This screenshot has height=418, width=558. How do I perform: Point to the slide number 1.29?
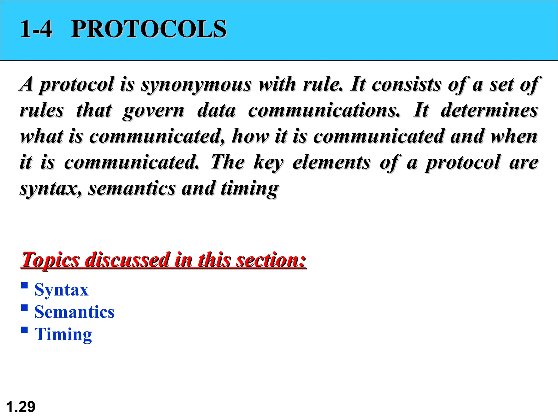pyautogui.click(x=20, y=407)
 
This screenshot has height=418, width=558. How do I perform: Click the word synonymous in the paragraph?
pyautogui.click(x=196, y=84)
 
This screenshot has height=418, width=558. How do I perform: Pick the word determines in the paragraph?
pyautogui.click(x=489, y=110)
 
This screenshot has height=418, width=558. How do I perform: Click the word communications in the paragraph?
pyautogui.click(x=324, y=110)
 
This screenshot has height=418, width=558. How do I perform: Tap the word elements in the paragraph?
pyautogui.click(x=331, y=162)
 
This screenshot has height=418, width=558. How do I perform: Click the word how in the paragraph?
pyautogui.click(x=250, y=136)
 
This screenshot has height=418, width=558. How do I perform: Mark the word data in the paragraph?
pyautogui.click(x=216, y=110)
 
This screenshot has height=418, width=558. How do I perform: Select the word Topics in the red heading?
pyautogui.click(x=51, y=260)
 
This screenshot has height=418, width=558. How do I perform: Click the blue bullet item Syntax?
pyautogui.click(x=61, y=290)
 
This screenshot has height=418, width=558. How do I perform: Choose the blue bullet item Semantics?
pyautogui.click(x=74, y=312)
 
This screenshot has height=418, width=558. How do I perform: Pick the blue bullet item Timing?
pyautogui.click(x=63, y=334)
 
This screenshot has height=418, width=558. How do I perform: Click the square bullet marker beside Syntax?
pyautogui.click(x=25, y=285)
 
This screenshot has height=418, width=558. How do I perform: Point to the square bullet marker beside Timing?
pyautogui.click(x=25, y=330)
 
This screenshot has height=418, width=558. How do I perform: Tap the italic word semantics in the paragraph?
pyautogui.click(x=132, y=189)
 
